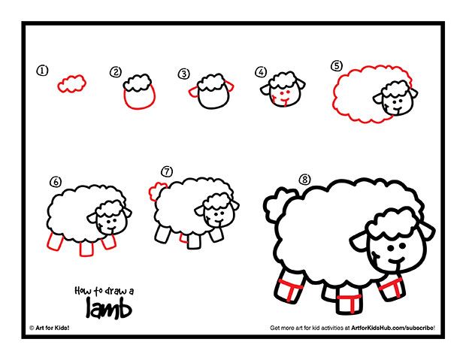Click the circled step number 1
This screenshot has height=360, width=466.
click(42, 71)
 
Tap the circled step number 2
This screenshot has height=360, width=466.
click(115, 72)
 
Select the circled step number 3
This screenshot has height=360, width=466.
click(184, 74)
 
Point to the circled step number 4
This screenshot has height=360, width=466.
click(261, 72)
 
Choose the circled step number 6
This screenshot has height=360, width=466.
click(55, 182)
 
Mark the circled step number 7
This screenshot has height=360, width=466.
click(167, 171)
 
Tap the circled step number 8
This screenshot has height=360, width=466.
click(304, 180)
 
